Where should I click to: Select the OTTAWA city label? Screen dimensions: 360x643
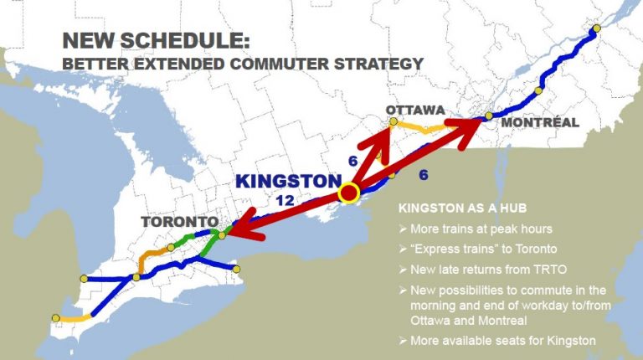coord(414,110)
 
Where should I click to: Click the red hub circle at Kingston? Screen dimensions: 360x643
coord(348,193)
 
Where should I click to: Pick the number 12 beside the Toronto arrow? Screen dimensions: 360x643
coord(285,201)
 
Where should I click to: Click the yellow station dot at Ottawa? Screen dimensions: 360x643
coord(394,121)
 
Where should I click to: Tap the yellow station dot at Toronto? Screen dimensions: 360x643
coord(221,235)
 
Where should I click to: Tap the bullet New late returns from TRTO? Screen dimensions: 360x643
coord(481,270)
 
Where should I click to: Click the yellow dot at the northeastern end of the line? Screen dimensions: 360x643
coord(597,28)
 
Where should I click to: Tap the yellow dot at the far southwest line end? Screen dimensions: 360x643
coord(55,317)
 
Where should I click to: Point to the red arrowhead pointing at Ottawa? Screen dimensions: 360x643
coord(384,133)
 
